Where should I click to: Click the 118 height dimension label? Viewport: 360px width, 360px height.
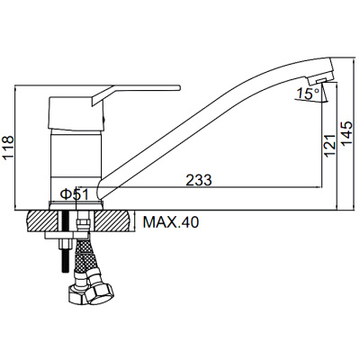[8, 148]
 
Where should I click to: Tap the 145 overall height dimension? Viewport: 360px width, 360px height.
[347, 134]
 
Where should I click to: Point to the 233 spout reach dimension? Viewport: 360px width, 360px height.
[199, 180]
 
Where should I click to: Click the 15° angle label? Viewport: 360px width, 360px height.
[308, 94]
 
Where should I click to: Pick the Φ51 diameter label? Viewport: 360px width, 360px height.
[75, 195]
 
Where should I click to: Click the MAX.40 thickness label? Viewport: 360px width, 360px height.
[171, 222]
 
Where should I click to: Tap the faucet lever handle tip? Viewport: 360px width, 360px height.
[179, 87]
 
